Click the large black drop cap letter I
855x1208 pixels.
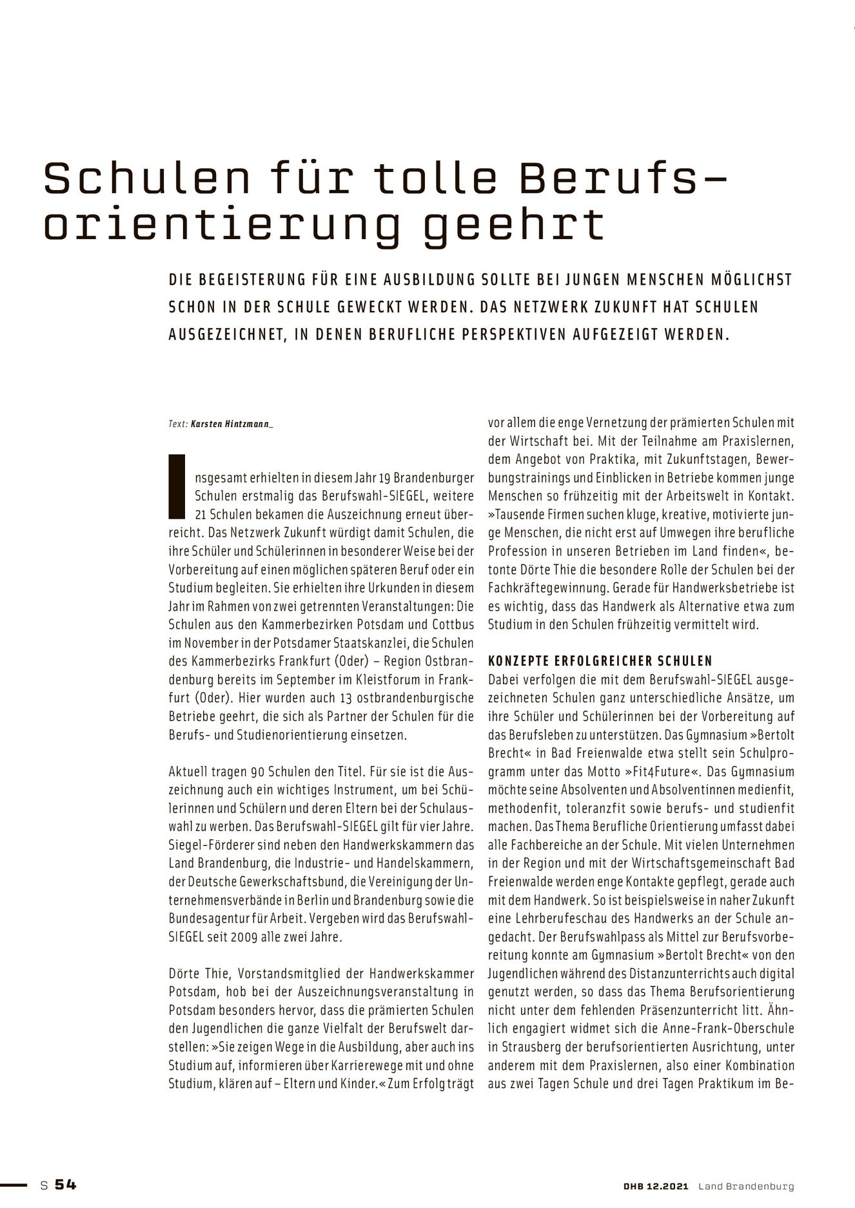pyautogui.click(x=177, y=486)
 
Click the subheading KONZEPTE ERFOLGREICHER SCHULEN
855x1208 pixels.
pyautogui.click(x=600, y=661)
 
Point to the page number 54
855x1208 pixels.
pyautogui.click(x=65, y=1185)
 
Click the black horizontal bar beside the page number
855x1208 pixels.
pyautogui.click(x=14, y=1185)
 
